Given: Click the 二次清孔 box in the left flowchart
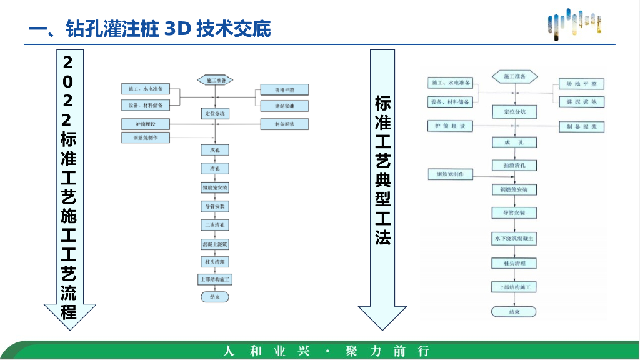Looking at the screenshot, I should point(214,224).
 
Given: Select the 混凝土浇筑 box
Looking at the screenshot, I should point(214,243).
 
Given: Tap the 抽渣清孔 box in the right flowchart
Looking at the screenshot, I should point(514,166).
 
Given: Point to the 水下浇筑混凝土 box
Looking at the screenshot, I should point(514,239).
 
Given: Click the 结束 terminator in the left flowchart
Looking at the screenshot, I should point(214,297).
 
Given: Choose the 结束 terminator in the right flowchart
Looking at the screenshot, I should point(514,311).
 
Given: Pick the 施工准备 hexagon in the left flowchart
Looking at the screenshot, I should point(215,80).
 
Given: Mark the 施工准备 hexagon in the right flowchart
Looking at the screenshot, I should point(514,76).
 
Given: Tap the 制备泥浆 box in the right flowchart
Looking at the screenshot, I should point(581,126).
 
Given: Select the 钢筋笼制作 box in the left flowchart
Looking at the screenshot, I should point(144,137).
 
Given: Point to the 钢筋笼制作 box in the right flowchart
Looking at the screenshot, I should point(450,174).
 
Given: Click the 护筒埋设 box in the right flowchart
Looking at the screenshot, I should point(450,126).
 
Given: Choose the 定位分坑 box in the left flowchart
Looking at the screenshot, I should point(214,114).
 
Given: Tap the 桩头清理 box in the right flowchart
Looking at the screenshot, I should point(514,263).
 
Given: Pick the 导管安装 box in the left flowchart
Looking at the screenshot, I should point(214,206).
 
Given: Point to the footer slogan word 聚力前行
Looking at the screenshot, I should point(387,351).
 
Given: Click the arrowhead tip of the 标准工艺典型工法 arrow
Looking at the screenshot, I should point(382,329).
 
